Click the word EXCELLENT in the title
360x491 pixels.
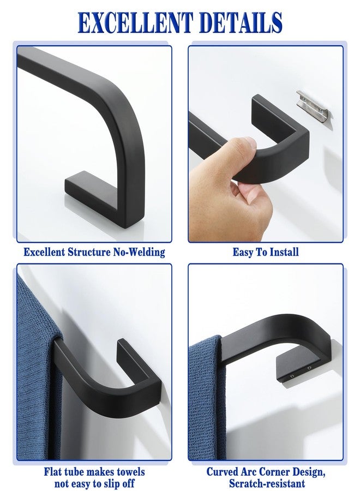(135, 22)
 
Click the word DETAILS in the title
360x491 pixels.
(241, 22)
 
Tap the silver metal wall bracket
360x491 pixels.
(314, 105)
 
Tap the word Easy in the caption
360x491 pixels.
(243, 253)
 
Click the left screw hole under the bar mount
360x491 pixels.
(292, 375)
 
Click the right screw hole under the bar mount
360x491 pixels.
(309, 368)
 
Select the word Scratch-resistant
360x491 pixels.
(267, 483)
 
